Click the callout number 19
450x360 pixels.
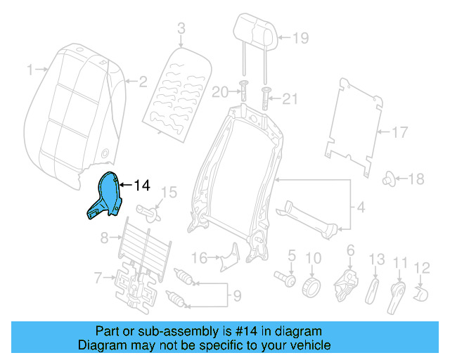coord(300,39)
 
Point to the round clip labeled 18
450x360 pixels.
coord(387,180)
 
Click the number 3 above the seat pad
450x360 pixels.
coord(181,29)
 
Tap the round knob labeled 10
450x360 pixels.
coord(312,287)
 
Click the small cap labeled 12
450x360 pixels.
coord(423,291)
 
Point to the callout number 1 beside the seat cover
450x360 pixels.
coord(30,69)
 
